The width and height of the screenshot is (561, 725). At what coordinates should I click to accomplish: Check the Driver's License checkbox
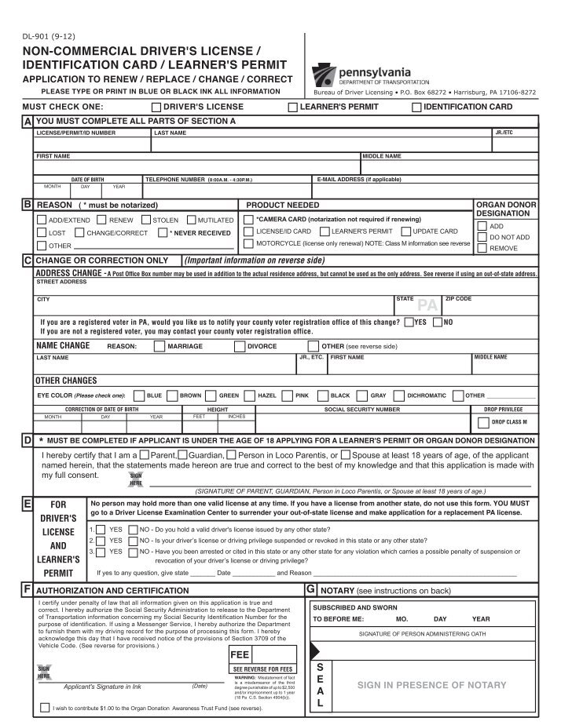coord(156,107)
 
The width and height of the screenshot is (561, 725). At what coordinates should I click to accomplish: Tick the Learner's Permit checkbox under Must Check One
coord(293,107)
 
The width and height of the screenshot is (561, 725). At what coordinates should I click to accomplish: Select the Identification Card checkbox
coord(416,107)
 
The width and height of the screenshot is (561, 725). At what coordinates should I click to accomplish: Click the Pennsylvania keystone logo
coord(325,75)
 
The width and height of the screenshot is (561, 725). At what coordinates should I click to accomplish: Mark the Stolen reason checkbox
coord(145,220)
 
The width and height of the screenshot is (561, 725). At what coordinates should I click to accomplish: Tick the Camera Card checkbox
coord(248,219)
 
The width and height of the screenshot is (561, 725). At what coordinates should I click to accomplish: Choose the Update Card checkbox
coord(405,231)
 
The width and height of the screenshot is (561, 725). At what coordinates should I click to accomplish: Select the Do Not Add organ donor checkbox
coord(482,236)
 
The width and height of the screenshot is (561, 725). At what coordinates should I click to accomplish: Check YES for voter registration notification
coord(409,322)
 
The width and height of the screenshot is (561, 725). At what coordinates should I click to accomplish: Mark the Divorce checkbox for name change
coord(239,345)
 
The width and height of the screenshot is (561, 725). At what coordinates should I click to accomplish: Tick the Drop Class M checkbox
coord(483,423)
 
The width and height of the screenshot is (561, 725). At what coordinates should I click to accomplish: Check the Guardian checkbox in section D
coord(182,455)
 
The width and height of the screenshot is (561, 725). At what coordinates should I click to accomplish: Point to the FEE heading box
coord(239,654)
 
